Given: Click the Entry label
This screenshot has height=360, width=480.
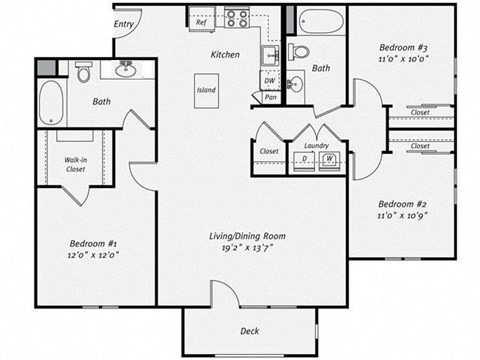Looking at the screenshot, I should (x=124, y=24).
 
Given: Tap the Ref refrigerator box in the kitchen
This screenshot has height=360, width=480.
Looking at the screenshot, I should (x=201, y=21).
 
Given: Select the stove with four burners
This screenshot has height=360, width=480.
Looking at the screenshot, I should (x=237, y=17).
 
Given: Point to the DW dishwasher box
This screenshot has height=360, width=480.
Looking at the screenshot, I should (x=270, y=83).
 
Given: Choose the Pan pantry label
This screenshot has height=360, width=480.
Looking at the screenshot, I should (x=270, y=98).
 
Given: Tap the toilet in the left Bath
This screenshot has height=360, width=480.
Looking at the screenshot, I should (x=85, y=73).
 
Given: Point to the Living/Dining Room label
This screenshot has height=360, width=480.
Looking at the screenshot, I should (x=247, y=236).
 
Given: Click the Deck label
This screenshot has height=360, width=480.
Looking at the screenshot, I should (x=250, y=331).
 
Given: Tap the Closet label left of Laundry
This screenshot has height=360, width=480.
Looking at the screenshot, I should (x=268, y=151).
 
